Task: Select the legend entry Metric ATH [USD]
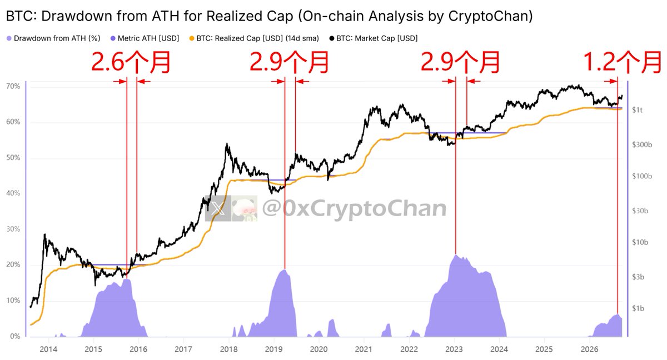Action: coord(145,38)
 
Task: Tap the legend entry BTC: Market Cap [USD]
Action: coord(374,38)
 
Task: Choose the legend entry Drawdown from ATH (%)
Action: coord(53,38)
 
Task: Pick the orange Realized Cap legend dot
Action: coord(192,38)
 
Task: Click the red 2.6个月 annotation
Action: coord(131,62)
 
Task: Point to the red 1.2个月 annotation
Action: coord(622,62)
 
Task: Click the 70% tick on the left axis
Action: coord(13,86)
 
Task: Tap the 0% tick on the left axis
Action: coord(15,336)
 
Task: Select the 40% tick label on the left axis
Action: coord(13,193)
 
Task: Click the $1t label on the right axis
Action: coord(638,110)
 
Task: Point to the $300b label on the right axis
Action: coord(642,144)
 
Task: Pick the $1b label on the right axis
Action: coord(638,308)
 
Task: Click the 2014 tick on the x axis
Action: coord(48,349)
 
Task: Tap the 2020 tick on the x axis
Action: coord(318,349)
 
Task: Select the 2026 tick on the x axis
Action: coord(589,349)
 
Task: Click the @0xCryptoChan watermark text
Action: coord(355,208)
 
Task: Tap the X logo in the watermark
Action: coord(218,208)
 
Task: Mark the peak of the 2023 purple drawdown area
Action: coord(456,255)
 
